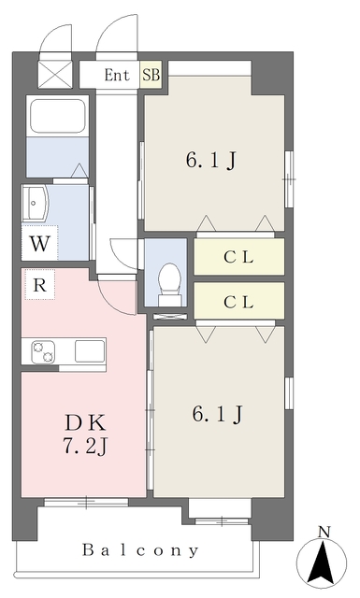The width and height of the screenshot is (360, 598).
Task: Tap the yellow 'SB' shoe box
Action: (x=150, y=74)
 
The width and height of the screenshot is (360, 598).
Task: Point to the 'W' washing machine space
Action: (x=38, y=246)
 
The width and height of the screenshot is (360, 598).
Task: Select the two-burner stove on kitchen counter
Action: (x=44, y=352)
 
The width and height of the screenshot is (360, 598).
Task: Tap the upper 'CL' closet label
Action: (x=238, y=257)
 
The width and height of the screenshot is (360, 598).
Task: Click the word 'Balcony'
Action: (x=139, y=550)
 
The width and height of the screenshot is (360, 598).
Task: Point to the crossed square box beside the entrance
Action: (x=52, y=74)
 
